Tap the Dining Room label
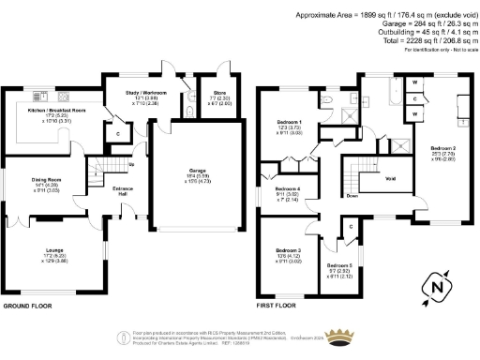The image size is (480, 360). (x=44, y=184)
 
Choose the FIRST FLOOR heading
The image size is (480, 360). (x=276, y=306)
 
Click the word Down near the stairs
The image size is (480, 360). (x=351, y=196)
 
